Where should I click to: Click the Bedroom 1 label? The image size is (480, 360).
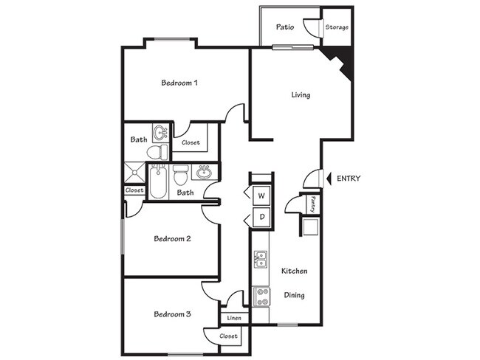pyautogui.click(x=179, y=83)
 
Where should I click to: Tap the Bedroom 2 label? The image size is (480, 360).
pyautogui.click(x=173, y=239)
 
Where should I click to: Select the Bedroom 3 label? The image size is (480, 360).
pyautogui.click(x=173, y=315)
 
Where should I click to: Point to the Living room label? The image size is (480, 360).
pyautogui.click(x=300, y=95)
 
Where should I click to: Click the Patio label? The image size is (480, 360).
pyautogui.click(x=286, y=27)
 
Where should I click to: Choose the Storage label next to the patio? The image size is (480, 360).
pyautogui.click(x=337, y=28)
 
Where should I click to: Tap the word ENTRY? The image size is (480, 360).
pyautogui.click(x=349, y=179)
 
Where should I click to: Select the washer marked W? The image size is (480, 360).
pyautogui.click(x=261, y=195)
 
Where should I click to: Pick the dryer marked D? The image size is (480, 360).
pyautogui.click(x=261, y=217)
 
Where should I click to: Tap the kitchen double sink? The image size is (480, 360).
pyautogui.click(x=261, y=259)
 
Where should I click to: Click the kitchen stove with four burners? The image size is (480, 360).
pyautogui.click(x=261, y=296)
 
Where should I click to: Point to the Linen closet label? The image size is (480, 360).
pyautogui.click(x=234, y=318)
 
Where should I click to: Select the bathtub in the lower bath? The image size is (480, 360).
pyautogui.click(x=157, y=182)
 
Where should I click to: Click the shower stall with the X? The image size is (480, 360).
pyautogui.click(x=134, y=175)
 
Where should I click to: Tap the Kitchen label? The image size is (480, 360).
pyautogui.click(x=294, y=271)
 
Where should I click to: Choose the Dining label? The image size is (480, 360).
pyautogui.click(x=294, y=295)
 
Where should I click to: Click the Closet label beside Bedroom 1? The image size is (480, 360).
pyautogui.click(x=191, y=142)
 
